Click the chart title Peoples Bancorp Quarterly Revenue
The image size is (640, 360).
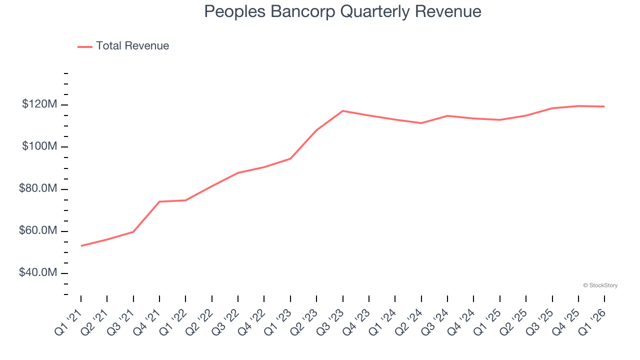[342, 12]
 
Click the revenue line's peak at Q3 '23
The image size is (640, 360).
[343, 111]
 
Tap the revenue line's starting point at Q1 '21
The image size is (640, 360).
[81, 245]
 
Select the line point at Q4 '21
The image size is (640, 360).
[159, 201]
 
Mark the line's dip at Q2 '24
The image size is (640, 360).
[421, 123]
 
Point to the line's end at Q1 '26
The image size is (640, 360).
[604, 106]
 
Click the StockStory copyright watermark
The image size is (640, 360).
[600, 285]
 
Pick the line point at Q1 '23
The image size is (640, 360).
[290, 158]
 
